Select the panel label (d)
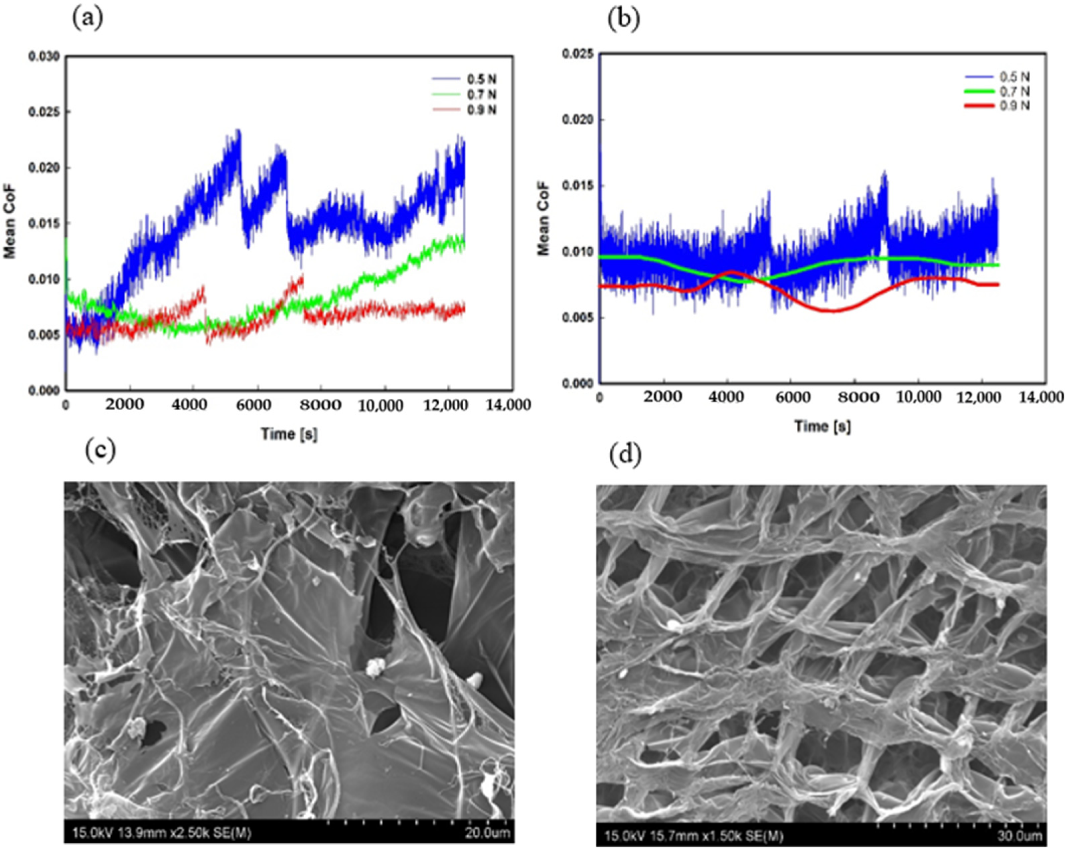coord(625,454)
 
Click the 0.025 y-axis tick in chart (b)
coord(577,53)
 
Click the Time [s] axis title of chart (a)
coord(289,434)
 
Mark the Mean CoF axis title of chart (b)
coord(544,218)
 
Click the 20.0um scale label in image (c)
coord(487,833)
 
